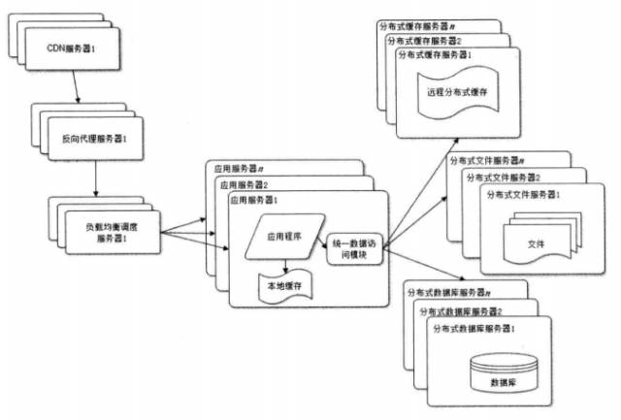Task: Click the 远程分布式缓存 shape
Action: (456, 93)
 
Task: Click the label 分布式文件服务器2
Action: (504, 178)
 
